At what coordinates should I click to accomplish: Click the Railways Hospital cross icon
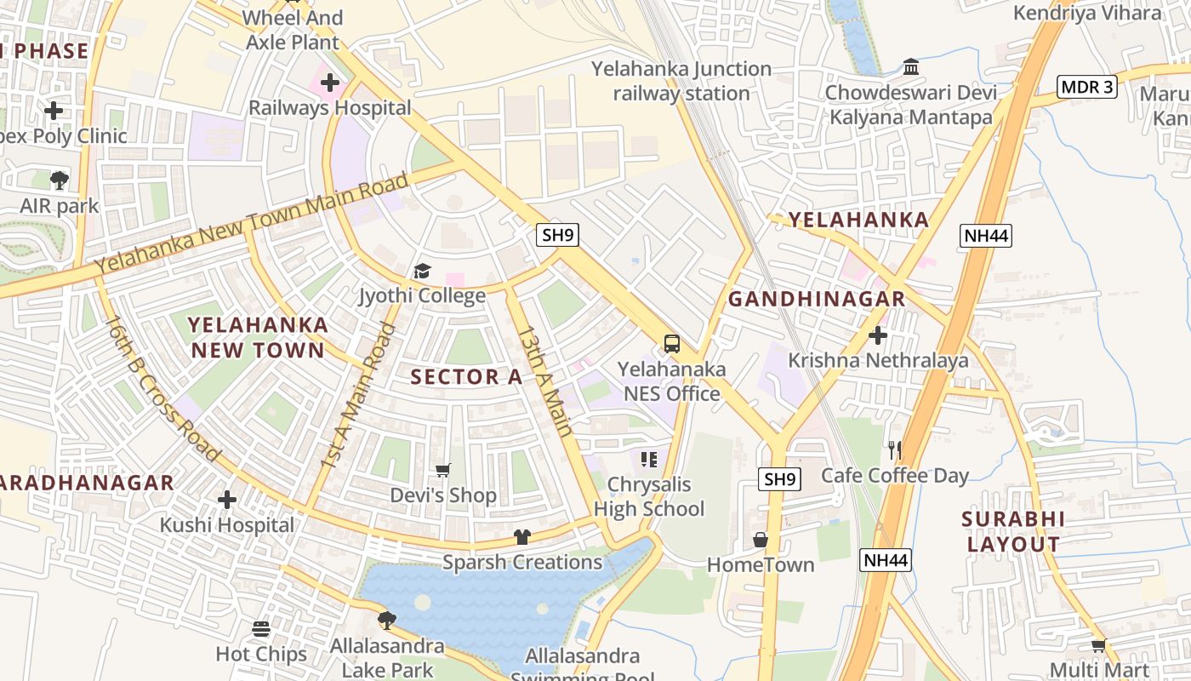tap(330, 83)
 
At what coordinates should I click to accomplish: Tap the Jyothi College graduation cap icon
tap(422, 272)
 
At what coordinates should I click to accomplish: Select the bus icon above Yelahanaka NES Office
tap(672, 344)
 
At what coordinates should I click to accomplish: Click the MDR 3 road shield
tap(1086, 87)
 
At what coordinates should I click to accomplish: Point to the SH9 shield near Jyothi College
tap(557, 236)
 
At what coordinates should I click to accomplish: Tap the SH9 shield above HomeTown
tap(778, 479)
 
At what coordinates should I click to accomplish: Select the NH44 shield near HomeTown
tap(886, 559)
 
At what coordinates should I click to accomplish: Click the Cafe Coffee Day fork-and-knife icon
tap(894, 450)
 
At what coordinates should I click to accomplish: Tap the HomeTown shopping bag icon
tap(761, 540)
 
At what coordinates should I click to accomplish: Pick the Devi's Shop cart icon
tap(442, 470)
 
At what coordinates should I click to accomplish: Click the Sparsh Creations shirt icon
tap(522, 537)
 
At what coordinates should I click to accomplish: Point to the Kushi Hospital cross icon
tap(226, 500)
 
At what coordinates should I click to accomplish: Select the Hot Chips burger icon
tap(261, 629)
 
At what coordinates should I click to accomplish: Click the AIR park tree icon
tap(60, 180)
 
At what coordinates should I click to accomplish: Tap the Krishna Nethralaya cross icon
tap(877, 335)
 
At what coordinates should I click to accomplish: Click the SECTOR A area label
tap(466, 377)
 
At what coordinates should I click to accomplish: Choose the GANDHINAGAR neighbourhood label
tap(817, 299)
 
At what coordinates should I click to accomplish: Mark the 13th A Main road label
tap(545, 381)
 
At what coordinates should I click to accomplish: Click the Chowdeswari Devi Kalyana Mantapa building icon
tap(910, 66)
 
